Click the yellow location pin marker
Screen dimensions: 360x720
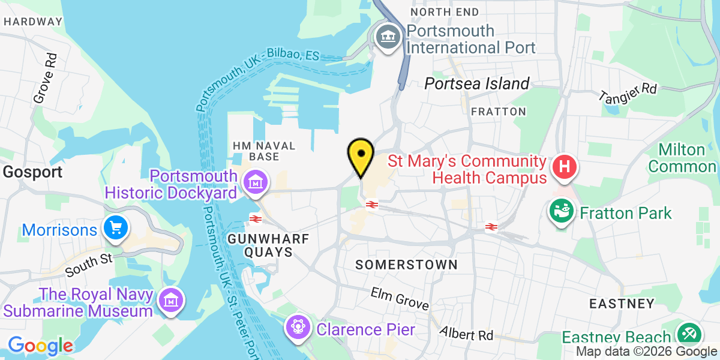361,154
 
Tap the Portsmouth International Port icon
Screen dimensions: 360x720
389,37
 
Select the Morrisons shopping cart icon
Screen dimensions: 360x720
114,227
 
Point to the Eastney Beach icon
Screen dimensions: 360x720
688,334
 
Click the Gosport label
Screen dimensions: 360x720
32,173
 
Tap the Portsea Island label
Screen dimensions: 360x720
477,84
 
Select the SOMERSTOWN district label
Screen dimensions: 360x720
406,265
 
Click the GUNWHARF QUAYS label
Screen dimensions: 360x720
268,245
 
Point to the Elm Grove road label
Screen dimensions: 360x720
400,299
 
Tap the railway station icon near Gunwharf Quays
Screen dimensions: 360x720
255,218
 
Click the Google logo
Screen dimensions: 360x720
40,346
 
